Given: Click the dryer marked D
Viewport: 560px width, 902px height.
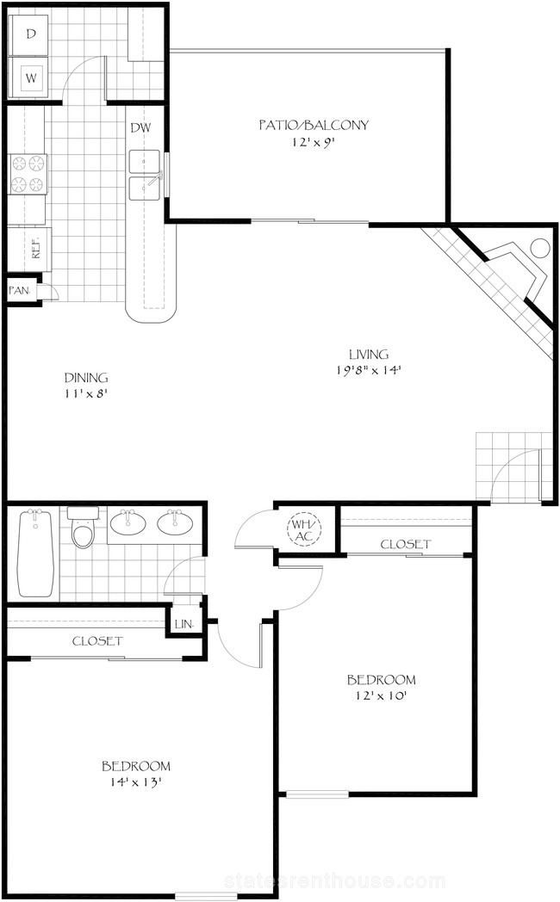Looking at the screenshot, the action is [x=30, y=34].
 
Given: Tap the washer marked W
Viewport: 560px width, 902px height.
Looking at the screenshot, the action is [x=30, y=78].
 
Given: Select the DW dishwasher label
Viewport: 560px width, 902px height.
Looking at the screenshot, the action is [x=140, y=127].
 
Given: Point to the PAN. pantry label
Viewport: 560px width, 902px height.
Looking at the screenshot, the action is [x=20, y=291].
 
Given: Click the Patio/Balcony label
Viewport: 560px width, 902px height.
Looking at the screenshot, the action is [x=313, y=125].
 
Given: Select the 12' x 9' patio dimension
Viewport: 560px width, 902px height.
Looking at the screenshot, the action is [x=313, y=141].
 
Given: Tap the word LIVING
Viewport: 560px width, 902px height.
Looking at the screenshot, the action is [x=369, y=354].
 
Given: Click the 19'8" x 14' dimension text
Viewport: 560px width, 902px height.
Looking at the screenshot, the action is [x=368, y=370].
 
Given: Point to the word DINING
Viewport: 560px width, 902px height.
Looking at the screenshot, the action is [x=86, y=378].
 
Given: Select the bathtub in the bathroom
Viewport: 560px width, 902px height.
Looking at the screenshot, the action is [x=35, y=553].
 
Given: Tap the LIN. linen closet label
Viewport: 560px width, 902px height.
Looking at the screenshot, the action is [x=184, y=624].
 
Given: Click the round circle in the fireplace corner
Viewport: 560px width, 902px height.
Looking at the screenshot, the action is [x=540, y=248].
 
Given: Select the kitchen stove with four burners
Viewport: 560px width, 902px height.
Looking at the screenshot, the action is [x=28, y=175].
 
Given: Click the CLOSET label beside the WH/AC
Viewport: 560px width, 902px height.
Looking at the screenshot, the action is [x=406, y=544].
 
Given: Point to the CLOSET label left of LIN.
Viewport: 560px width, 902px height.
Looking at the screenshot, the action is [x=97, y=641].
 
